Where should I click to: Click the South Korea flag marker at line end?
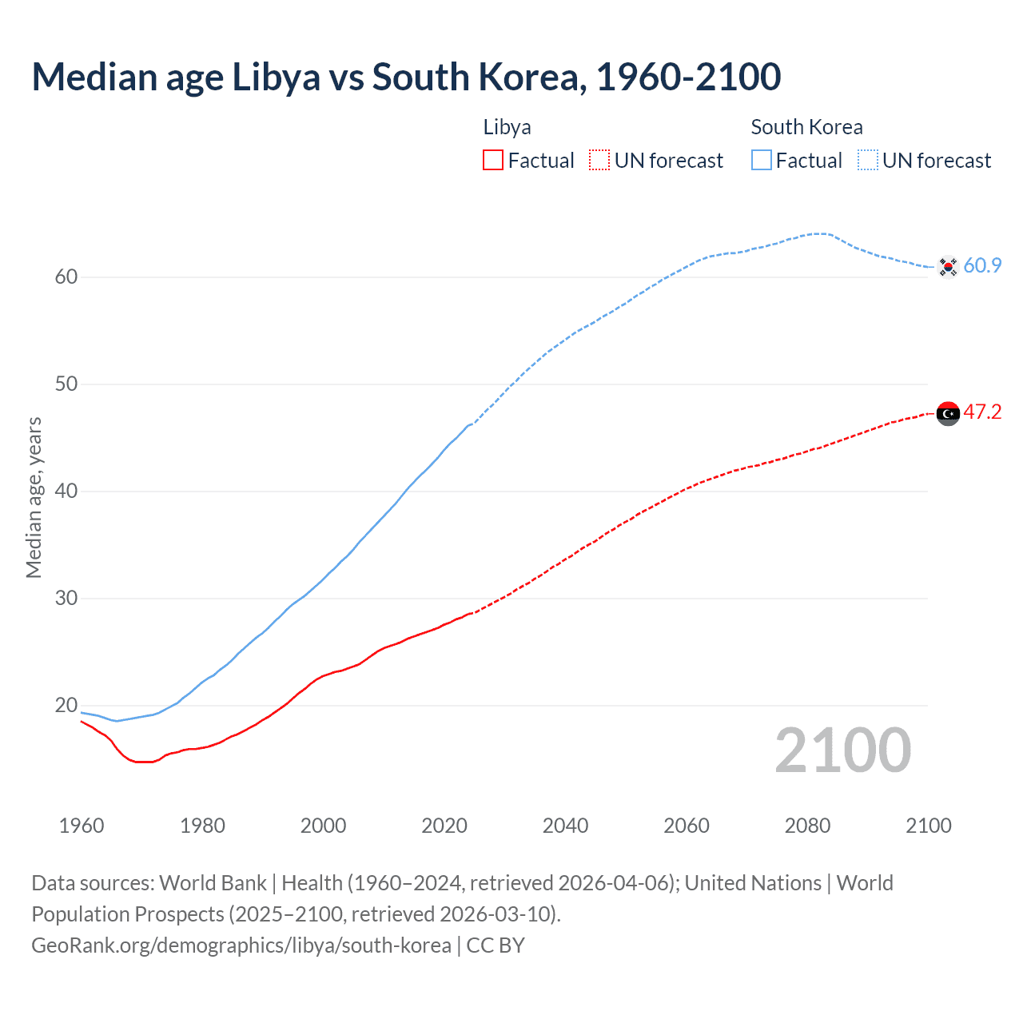click(x=948, y=266)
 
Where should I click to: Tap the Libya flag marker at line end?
click(x=948, y=413)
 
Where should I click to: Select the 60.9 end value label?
click(x=982, y=265)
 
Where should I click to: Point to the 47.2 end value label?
click(x=982, y=412)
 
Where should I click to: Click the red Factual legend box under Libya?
click(x=493, y=161)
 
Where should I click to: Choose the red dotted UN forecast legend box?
click(x=599, y=161)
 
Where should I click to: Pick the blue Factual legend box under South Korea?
click(x=762, y=161)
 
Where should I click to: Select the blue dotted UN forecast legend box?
click(x=868, y=161)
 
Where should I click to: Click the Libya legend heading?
click(x=507, y=127)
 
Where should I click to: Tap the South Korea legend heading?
click(x=806, y=127)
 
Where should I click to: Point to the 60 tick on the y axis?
click(x=66, y=277)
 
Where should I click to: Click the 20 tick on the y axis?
click(x=66, y=706)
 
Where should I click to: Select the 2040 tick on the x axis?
click(x=565, y=826)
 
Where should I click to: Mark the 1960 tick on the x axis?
click(x=82, y=826)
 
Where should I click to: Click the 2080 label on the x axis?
click(x=807, y=826)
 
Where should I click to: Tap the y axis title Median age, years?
click(x=34, y=497)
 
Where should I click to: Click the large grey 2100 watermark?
click(x=842, y=750)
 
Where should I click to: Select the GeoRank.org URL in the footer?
click(x=241, y=945)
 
